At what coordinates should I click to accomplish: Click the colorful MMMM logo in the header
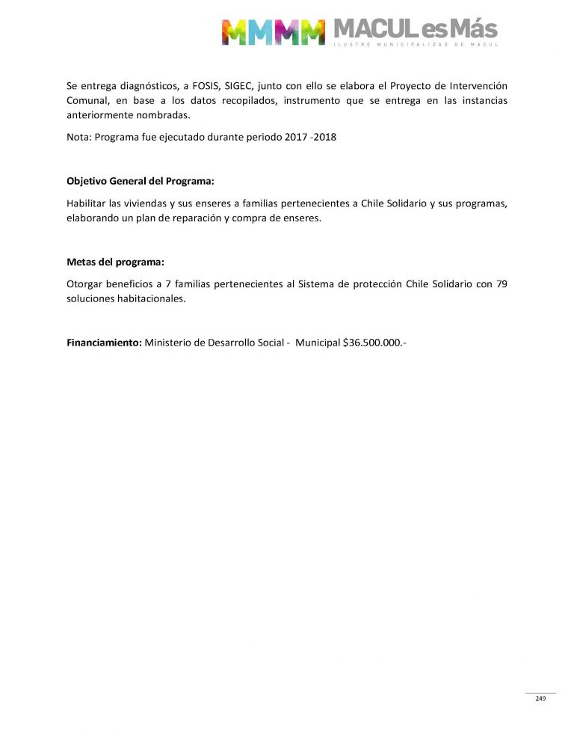273,31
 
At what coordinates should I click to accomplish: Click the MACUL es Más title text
415,29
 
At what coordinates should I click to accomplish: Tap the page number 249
540,699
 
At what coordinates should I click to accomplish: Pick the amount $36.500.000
373,343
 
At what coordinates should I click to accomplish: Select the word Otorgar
85,283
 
